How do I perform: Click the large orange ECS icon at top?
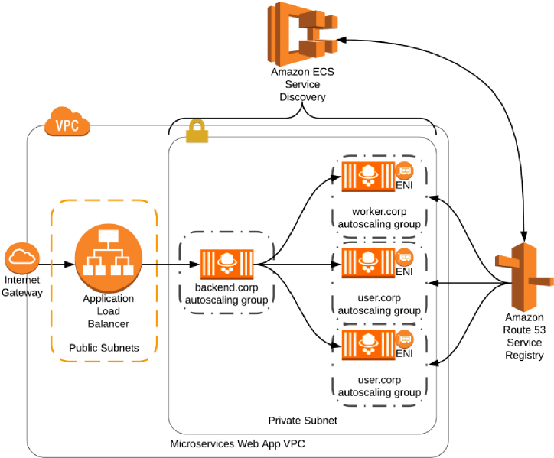click(x=301, y=34)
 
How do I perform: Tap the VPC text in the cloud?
click(x=67, y=126)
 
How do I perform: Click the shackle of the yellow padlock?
click(x=197, y=124)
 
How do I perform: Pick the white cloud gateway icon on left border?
click(x=21, y=258)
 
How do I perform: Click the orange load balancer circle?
click(x=109, y=258)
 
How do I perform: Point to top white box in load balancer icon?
click(x=109, y=235)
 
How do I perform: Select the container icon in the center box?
click(x=226, y=264)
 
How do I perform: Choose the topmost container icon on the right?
click(x=368, y=176)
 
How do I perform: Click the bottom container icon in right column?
click(x=368, y=344)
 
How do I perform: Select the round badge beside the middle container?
click(x=405, y=256)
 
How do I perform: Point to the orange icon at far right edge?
click(x=524, y=276)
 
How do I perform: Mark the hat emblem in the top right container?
click(x=368, y=173)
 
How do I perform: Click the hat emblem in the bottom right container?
click(x=368, y=341)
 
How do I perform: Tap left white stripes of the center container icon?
click(x=207, y=264)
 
